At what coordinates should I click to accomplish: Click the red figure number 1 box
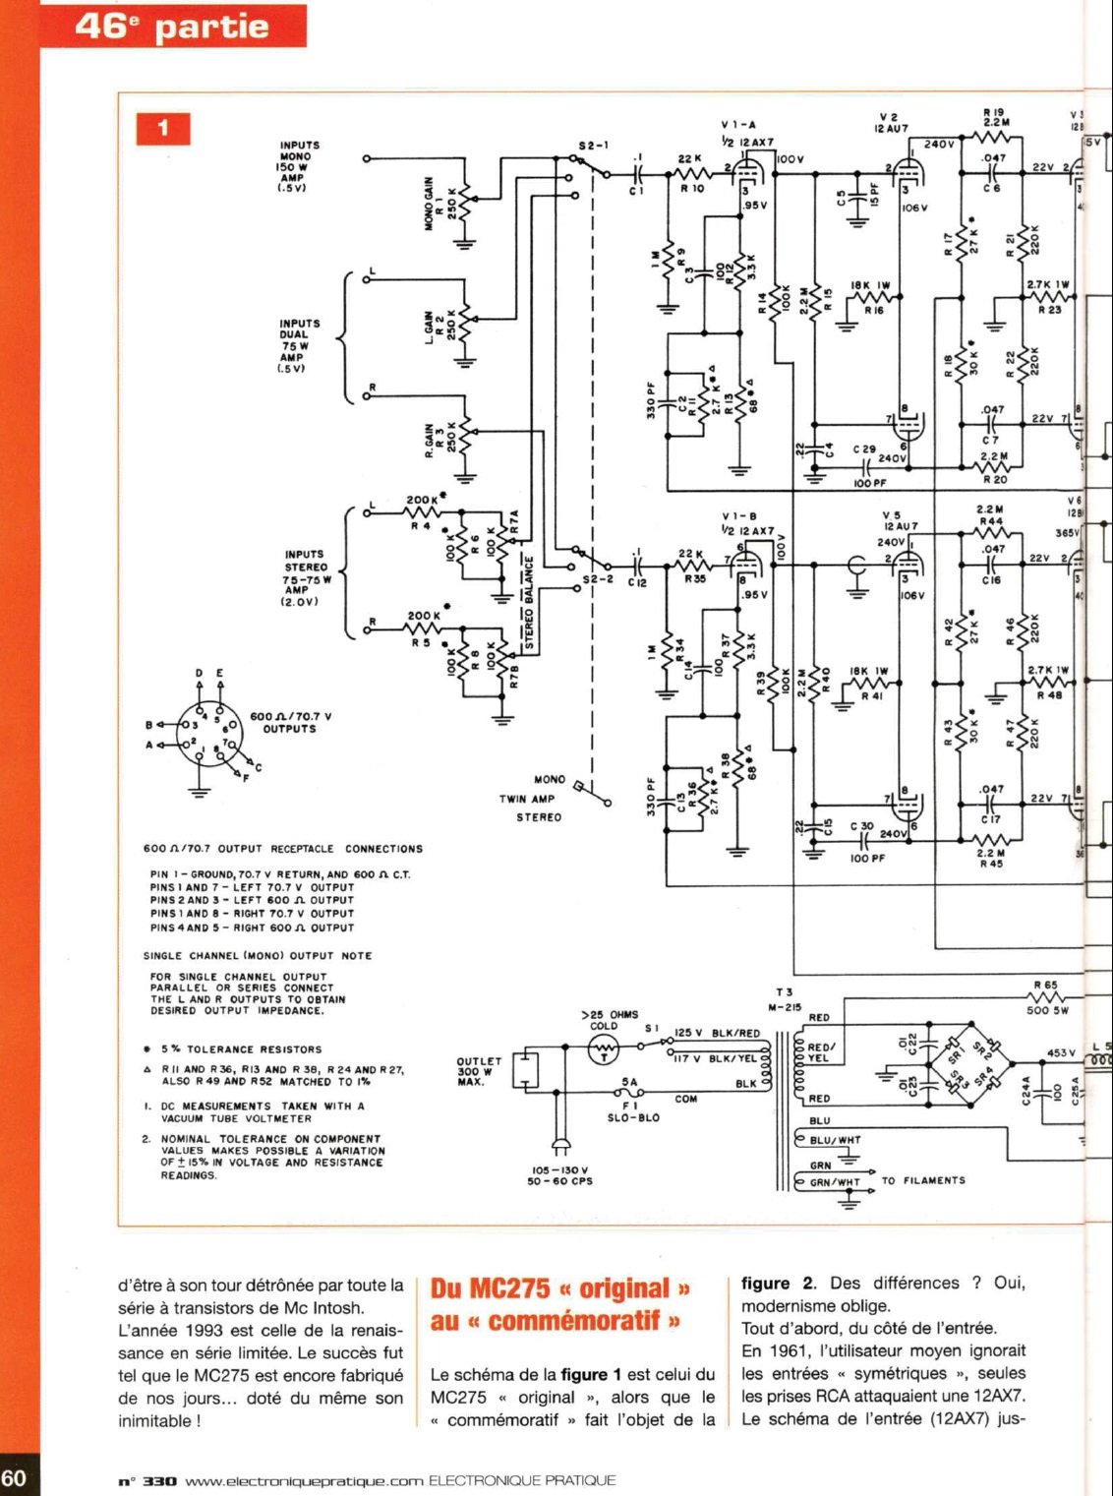coord(162,128)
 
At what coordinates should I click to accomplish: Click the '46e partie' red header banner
coord(172,26)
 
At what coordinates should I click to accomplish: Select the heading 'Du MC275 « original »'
coord(560,1288)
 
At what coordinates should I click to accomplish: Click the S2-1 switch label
coord(593,146)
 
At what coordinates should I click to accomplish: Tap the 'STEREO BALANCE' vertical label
coord(528,603)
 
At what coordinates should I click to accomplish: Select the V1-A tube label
coord(738,126)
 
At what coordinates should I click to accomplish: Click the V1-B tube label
coord(739,516)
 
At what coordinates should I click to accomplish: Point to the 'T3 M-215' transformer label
coord(785,999)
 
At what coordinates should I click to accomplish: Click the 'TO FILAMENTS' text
coord(923,1180)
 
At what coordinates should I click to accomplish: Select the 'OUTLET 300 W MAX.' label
coord(479,1071)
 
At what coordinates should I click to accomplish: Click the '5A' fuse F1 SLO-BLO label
coord(630,1082)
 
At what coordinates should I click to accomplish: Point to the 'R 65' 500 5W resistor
coord(1045,985)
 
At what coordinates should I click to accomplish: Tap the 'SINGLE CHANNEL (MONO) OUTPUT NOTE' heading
coord(258,955)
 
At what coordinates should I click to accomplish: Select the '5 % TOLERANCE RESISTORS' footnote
coord(241,1049)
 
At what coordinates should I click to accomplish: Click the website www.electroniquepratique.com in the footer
coord(304,1480)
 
